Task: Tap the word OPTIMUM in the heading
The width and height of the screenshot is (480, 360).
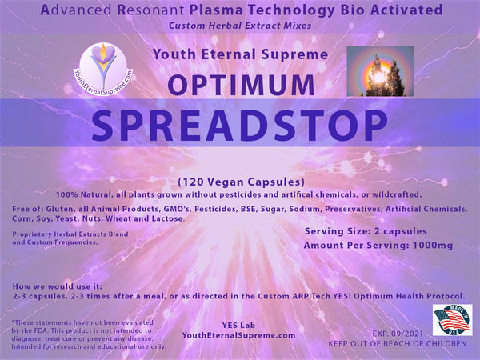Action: (240, 86)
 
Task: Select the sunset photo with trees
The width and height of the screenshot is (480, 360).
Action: (380, 71)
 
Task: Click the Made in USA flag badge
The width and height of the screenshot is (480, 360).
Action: (452, 321)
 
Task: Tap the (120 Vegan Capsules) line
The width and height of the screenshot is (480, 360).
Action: (240, 182)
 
